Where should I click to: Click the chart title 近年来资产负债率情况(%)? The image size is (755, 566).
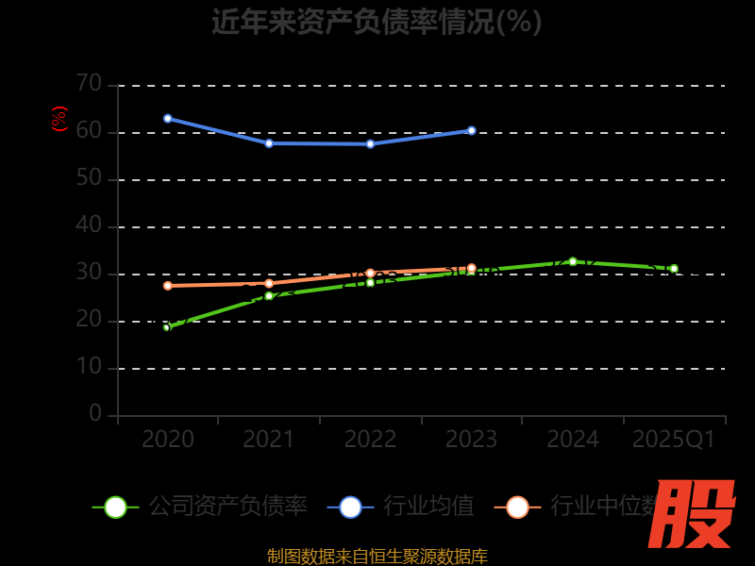click(x=377, y=22)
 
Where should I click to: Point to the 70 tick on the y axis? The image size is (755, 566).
click(x=89, y=84)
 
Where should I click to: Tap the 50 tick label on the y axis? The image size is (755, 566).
click(x=89, y=178)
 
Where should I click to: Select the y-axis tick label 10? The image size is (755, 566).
click(x=89, y=367)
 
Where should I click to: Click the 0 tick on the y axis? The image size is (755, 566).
click(x=94, y=414)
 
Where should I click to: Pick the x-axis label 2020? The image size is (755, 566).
click(x=168, y=440)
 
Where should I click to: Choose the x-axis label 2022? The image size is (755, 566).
click(x=370, y=440)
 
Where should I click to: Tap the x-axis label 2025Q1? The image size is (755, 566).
click(x=674, y=440)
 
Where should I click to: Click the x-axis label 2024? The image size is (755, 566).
click(x=573, y=440)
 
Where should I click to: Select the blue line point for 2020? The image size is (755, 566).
click(x=168, y=119)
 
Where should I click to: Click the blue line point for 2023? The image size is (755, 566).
click(x=472, y=130)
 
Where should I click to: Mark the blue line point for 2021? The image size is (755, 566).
click(x=269, y=143)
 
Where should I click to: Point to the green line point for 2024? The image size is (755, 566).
click(x=573, y=261)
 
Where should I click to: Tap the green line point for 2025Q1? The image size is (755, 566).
click(x=674, y=269)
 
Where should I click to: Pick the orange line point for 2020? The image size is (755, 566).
click(x=168, y=286)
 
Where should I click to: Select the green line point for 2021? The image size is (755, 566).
click(x=269, y=296)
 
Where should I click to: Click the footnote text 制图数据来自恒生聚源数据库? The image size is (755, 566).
click(x=377, y=557)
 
